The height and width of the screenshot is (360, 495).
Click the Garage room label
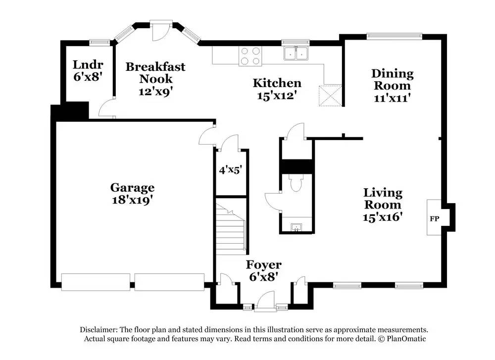[132, 188]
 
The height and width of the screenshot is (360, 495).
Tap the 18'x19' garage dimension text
[133, 200]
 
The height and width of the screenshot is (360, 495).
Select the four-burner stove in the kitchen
[250, 56]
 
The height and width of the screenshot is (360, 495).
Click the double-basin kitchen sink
[296, 53]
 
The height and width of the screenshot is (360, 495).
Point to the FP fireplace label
[435, 218]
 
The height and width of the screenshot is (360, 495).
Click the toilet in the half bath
[296, 183]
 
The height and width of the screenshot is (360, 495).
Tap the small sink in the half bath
[296, 227]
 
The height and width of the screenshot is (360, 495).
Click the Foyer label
[264, 264]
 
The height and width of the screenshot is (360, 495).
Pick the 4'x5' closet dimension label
[231, 170]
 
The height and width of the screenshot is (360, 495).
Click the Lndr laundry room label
[88, 65]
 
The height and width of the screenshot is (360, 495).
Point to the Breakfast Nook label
[155, 73]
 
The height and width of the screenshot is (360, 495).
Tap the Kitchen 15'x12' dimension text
[277, 96]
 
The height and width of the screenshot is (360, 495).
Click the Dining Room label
[393, 80]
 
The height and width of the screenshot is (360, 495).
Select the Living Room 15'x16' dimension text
[383, 217]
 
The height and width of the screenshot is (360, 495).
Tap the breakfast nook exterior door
[161, 31]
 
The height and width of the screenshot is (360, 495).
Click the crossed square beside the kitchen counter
[330, 96]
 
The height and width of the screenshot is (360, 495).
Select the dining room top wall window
[395, 36]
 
